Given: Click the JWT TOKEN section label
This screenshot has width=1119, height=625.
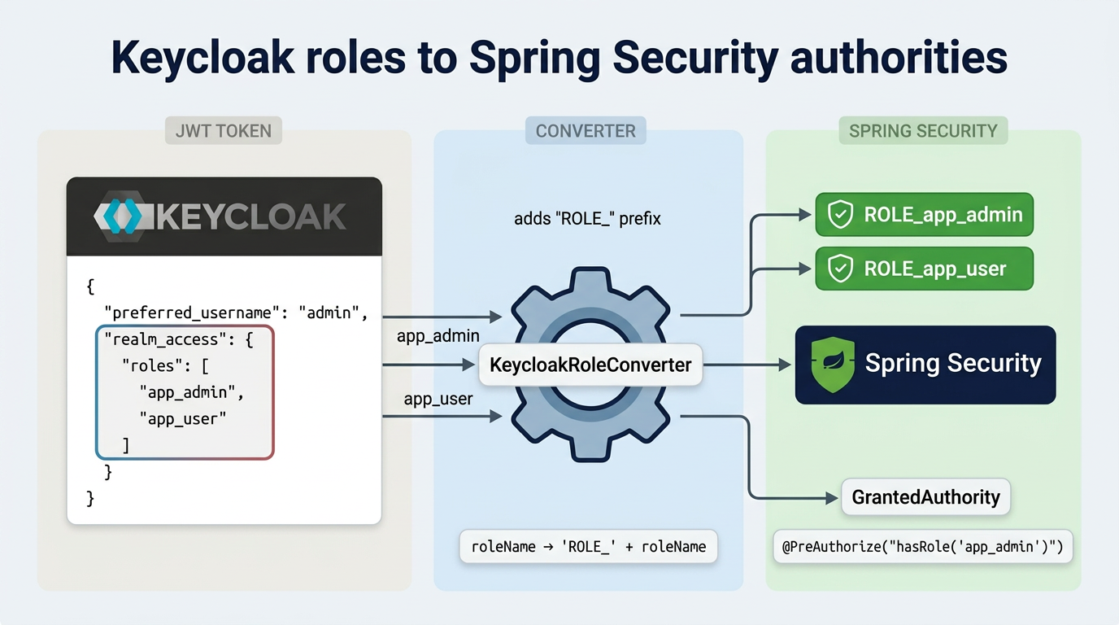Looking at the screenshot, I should click(x=224, y=131).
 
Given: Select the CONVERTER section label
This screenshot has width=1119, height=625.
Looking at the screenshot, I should click(x=586, y=131).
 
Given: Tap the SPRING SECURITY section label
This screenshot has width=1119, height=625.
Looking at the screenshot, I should click(x=923, y=131).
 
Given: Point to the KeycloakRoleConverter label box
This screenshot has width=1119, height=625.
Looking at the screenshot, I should click(x=590, y=365).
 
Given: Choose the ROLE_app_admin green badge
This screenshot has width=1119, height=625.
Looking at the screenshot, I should click(x=924, y=215).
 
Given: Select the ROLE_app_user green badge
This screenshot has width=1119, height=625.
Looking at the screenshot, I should click(x=924, y=269).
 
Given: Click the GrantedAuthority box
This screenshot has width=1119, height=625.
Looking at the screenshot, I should click(x=925, y=496).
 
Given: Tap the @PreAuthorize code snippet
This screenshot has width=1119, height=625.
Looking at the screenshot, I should click(x=922, y=547).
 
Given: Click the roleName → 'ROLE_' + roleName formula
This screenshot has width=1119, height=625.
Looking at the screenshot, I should click(x=589, y=547).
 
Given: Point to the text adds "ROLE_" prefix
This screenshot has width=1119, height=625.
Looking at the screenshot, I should click(x=587, y=219).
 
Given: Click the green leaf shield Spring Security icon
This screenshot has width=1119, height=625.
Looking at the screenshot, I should click(x=833, y=365).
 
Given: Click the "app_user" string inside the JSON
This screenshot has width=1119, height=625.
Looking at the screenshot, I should click(x=182, y=418).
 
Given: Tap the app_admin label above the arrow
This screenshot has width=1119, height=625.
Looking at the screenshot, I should click(x=438, y=336).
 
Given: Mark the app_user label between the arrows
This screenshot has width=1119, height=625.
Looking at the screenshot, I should click(x=438, y=400).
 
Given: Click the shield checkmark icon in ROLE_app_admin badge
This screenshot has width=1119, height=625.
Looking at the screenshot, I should click(x=839, y=215).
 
